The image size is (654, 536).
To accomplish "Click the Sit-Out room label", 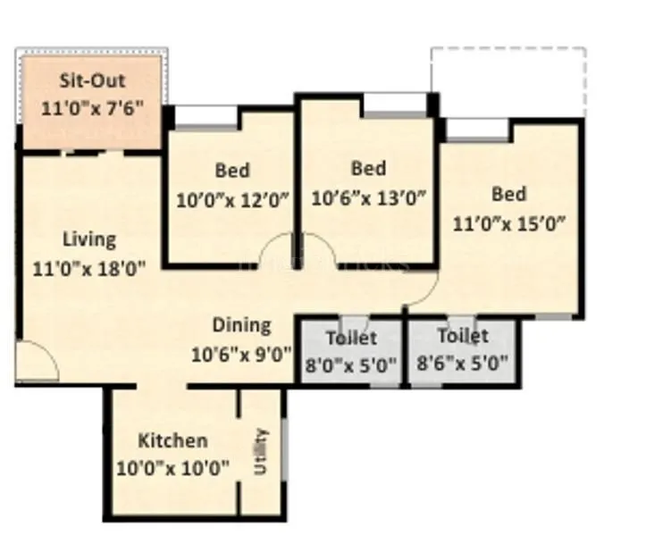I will [92, 80].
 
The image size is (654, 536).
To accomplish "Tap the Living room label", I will [89, 239].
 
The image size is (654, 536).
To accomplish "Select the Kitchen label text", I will [173, 440].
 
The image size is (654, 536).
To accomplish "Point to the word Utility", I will [261, 451].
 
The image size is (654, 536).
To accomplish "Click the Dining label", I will [241, 325].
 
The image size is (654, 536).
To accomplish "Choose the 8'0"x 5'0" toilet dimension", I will [350, 363].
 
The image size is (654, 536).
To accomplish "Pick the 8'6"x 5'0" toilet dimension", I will [463, 363].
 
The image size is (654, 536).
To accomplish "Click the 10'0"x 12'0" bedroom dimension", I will [232, 199].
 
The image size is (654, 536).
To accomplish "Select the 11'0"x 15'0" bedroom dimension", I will [509, 223].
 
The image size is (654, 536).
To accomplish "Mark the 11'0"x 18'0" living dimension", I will [89, 266].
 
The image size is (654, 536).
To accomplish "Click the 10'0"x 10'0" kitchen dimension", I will [173, 466].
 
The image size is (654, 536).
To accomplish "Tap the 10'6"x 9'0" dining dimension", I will [241, 353].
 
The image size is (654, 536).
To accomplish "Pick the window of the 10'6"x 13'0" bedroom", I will [394, 105].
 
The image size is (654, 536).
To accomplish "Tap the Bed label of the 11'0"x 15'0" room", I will [509, 194].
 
